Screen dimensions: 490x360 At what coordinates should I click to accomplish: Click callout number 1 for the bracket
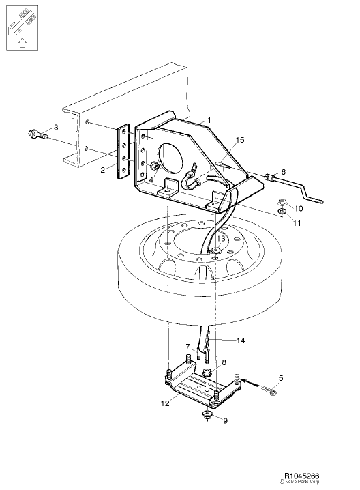(209, 120)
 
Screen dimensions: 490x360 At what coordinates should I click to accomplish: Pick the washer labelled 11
(281, 212)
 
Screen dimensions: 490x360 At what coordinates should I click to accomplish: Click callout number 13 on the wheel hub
(220, 238)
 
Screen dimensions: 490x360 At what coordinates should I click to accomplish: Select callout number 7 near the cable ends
(187, 347)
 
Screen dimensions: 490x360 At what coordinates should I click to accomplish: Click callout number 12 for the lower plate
(164, 403)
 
